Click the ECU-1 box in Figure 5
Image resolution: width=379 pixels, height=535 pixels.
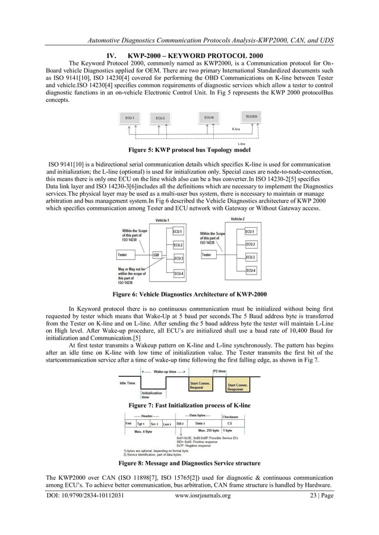(x=130, y=118)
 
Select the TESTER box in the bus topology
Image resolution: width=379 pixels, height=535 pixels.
(x=251, y=117)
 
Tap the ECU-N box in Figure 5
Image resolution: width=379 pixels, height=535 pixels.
(x=209, y=117)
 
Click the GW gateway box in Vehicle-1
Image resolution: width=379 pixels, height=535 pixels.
(x=157, y=255)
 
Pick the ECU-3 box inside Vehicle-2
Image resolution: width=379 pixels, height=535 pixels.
(x=251, y=257)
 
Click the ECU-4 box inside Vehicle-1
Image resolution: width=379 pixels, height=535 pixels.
(x=178, y=273)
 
